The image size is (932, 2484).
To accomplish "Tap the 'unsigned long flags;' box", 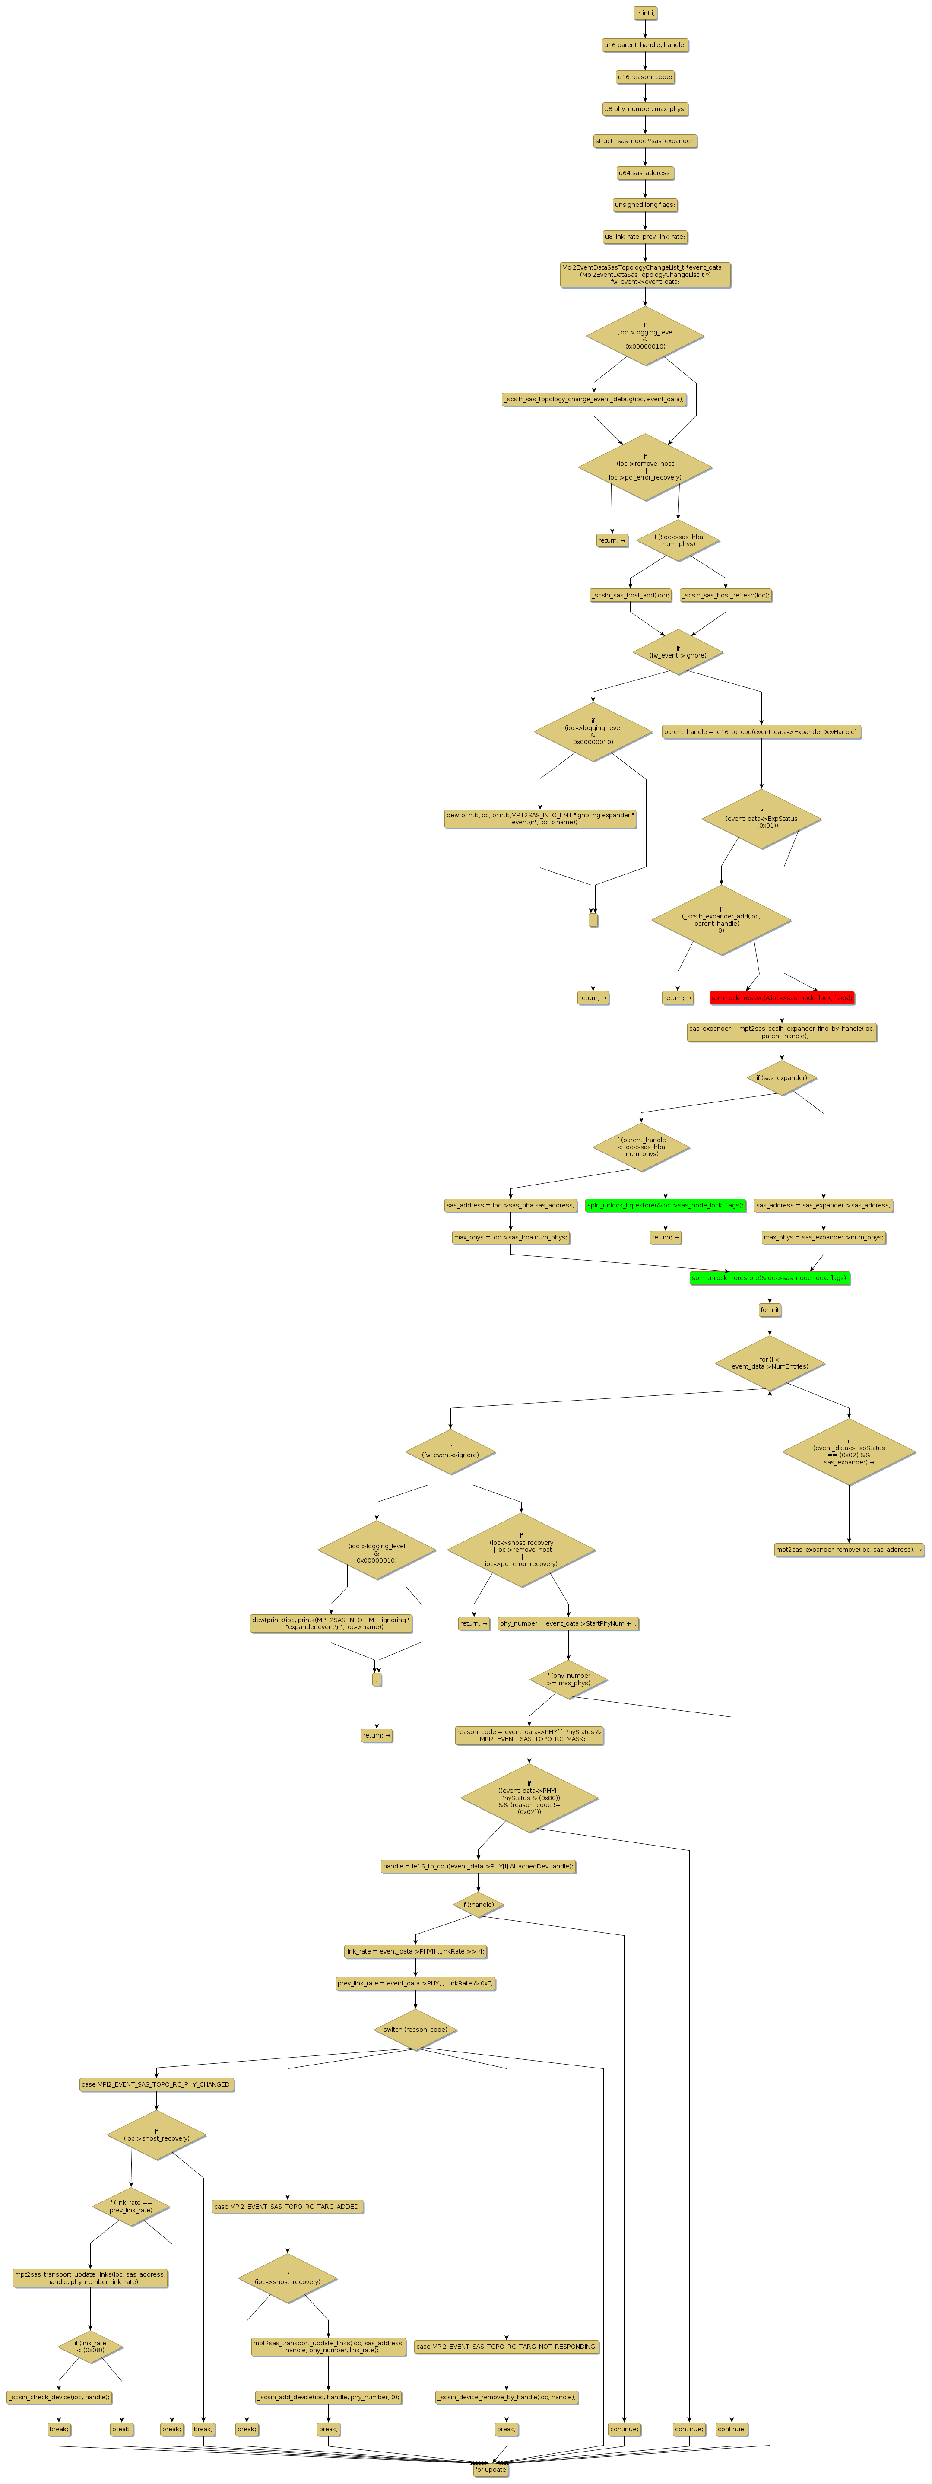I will click(x=645, y=204).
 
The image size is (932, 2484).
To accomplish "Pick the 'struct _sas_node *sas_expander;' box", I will click(x=645, y=141).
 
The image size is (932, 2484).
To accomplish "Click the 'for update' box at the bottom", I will click(x=491, y=2470).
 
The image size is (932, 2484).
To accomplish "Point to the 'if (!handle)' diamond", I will click(x=478, y=1904).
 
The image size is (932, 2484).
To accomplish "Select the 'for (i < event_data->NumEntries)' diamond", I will click(x=769, y=1363).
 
